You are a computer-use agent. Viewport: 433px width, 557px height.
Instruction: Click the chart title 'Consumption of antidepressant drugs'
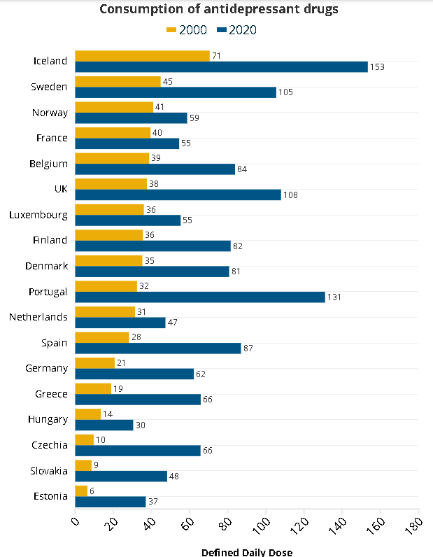pyautogui.click(x=219, y=9)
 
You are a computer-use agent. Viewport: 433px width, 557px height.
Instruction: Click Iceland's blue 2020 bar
pyautogui.click(x=221, y=66)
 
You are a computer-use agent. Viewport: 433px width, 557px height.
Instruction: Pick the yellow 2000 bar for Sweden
pyautogui.click(x=118, y=81)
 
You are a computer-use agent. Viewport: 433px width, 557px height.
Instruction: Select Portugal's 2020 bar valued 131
pyautogui.click(x=200, y=297)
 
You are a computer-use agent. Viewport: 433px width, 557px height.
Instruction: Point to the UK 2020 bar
pyautogui.click(x=178, y=195)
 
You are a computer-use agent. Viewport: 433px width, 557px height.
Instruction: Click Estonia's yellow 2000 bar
pyautogui.click(x=81, y=491)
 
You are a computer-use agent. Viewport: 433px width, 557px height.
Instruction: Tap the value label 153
pyautogui.click(x=378, y=67)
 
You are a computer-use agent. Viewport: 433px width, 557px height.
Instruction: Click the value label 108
pyautogui.click(x=290, y=195)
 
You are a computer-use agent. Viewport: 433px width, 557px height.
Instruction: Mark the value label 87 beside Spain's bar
pyautogui.click(x=248, y=348)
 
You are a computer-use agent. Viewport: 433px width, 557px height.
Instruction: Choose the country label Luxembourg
pyautogui.click(x=38, y=215)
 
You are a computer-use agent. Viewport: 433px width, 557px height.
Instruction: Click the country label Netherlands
pyautogui.click(x=38, y=317)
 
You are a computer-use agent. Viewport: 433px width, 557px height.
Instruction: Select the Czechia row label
pyautogui.click(x=50, y=445)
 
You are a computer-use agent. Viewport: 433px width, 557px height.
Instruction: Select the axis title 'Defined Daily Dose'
pyautogui.click(x=247, y=552)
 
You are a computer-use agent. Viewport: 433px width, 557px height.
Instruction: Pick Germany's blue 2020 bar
pyautogui.click(x=134, y=374)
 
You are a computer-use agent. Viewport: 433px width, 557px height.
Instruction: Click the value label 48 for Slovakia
pyautogui.click(x=174, y=477)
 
